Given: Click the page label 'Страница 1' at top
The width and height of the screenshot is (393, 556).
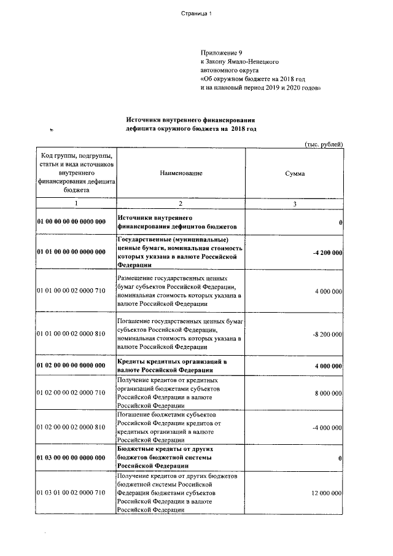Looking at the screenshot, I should point(196,15).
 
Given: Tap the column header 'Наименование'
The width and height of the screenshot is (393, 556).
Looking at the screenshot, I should point(181,174).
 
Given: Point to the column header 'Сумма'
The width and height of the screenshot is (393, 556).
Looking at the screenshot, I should point(295,174).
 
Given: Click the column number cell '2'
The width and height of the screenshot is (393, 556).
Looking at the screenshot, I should point(181,203).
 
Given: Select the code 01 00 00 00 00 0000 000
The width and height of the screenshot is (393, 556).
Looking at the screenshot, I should point(72,222).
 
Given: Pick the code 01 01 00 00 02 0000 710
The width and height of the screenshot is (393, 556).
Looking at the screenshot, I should point(72,291).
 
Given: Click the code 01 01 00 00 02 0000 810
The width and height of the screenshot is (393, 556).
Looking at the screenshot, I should point(72,333).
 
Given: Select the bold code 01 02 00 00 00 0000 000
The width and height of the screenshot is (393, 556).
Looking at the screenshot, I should point(72,366).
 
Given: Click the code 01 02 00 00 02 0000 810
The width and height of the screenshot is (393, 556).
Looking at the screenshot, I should point(72,428).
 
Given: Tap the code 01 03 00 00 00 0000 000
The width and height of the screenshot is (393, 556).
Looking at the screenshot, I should point(72,458).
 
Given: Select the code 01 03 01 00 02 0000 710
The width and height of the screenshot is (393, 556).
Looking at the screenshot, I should point(72,493).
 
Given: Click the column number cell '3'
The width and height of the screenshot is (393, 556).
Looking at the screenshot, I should point(295,203).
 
